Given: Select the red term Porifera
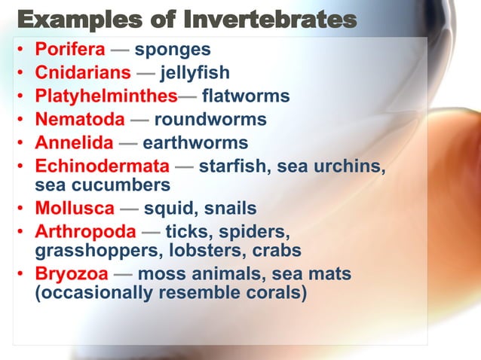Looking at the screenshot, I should (70, 50).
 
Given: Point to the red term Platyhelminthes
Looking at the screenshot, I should (106, 96).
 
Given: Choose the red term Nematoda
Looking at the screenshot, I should (80, 119).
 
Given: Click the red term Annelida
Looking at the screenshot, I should (75, 142).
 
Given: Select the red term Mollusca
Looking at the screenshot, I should (75, 208).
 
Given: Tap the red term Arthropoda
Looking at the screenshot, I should (86, 231).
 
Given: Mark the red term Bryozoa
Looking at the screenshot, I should (72, 273).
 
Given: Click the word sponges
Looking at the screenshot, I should (173, 50).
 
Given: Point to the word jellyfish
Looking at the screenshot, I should (195, 73).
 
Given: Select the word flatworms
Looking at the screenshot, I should (246, 96).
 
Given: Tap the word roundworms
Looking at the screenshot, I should (210, 119).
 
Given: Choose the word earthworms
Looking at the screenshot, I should (195, 142).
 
